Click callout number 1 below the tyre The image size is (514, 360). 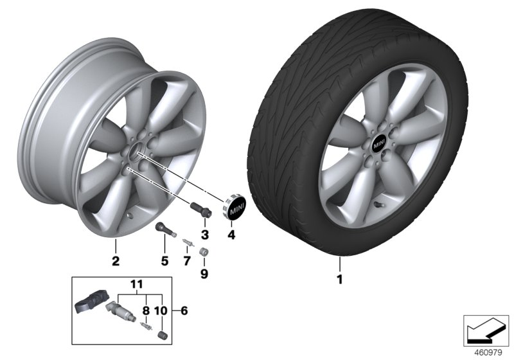341,280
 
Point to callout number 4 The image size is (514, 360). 232,235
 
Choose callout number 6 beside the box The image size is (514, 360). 184,310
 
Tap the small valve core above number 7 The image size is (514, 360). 186,242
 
